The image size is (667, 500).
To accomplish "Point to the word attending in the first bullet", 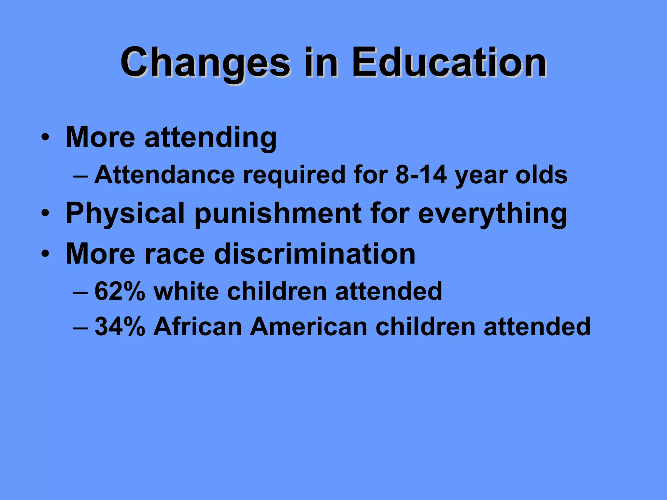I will click(210, 138).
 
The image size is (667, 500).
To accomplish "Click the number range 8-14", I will click(421, 175).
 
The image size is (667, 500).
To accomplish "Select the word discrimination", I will click(315, 254).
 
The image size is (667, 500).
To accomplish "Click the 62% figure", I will click(120, 291).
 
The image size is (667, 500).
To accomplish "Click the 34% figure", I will click(120, 326).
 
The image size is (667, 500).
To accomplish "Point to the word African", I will click(198, 326).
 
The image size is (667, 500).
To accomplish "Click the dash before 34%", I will click(80, 327).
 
